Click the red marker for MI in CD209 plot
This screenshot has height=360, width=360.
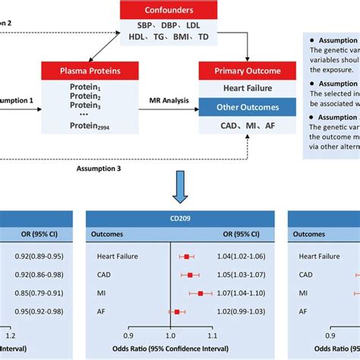pyautogui.click(x=201, y=292)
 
